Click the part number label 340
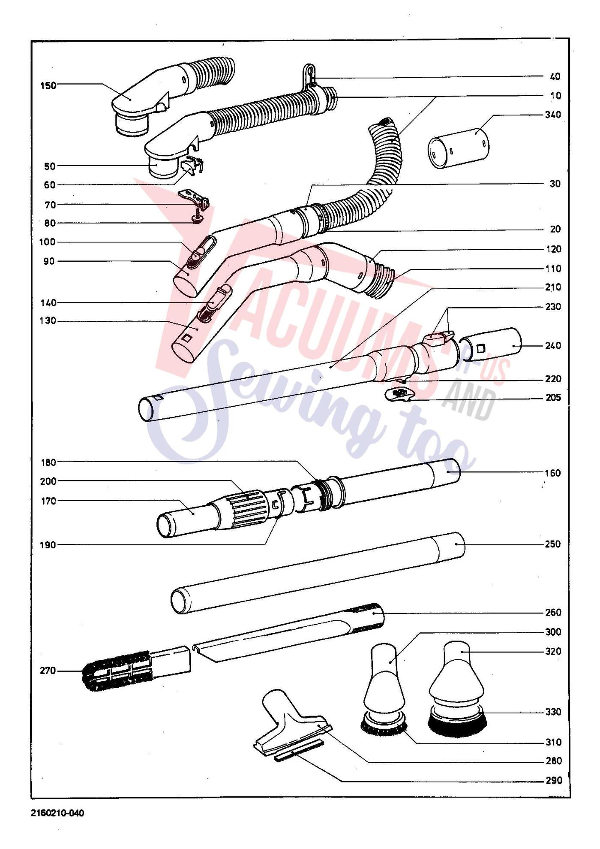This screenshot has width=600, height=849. (553, 115)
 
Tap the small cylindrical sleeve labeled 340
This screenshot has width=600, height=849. (459, 148)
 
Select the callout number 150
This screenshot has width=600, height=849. (48, 85)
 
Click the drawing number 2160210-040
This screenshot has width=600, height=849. (57, 813)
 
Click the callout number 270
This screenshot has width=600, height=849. (48, 671)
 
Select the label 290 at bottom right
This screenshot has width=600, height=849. (553, 780)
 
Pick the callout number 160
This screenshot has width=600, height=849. (553, 473)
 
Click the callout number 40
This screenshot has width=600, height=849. (555, 76)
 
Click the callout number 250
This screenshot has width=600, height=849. (553, 544)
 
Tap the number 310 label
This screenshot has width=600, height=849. (553, 742)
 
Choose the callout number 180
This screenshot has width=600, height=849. (48, 462)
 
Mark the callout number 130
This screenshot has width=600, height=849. (48, 320)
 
